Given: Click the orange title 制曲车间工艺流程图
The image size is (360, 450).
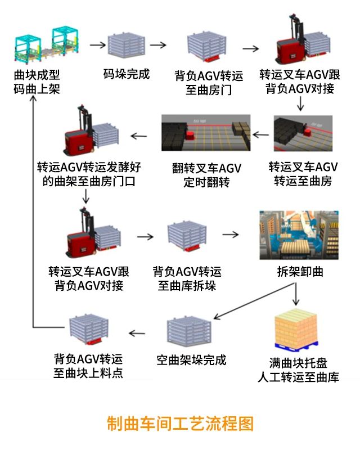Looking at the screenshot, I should pyautogui.click(x=180, y=423).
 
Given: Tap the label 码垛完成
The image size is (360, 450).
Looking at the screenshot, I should pyautogui.click(x=127, y=74).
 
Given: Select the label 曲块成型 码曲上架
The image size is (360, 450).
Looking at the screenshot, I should pyautogui.click(x=37, y=82).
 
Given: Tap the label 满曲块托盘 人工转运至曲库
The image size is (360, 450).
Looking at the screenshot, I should pyautogui.click(x=298, y=370).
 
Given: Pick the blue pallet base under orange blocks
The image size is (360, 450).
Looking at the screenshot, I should pyautogui.click(x=296, y=345).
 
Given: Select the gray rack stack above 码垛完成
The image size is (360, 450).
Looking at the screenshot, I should pyautogui.click(x=127, y=45).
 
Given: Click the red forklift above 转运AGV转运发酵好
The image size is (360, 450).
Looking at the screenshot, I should pyautogui.click(x=84, y=134).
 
